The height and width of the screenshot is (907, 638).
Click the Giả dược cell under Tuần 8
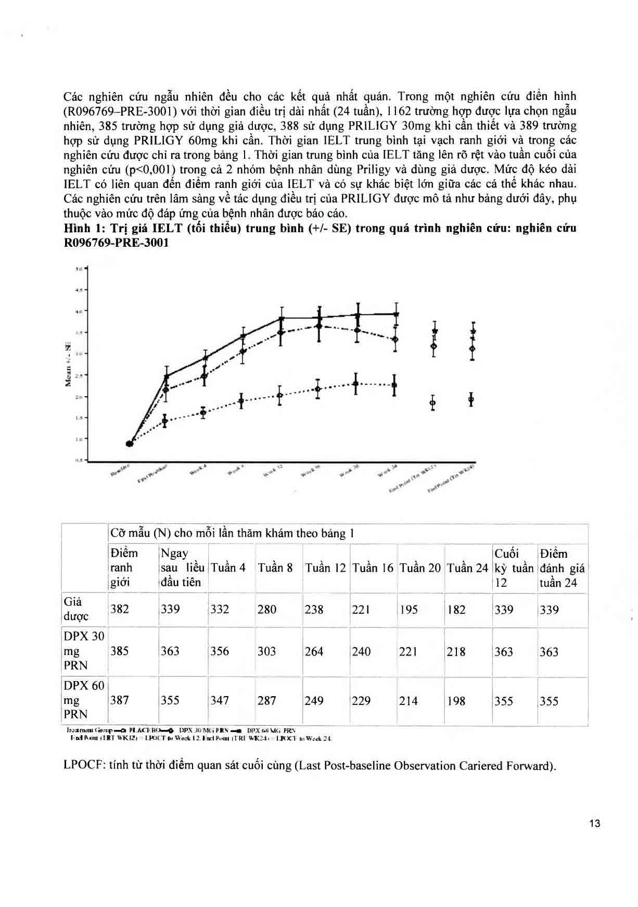tap(267, 609)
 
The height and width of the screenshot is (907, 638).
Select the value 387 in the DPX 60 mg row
tap(120, 701)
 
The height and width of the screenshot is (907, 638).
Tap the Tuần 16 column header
tap(373, 568)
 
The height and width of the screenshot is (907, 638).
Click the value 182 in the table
tap(456, 609)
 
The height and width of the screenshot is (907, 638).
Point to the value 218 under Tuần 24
tap(456, 651)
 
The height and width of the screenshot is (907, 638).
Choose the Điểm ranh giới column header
tap(124, 568)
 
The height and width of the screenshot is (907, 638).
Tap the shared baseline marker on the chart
tap(130, 444)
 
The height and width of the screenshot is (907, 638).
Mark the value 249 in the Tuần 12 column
tap(314, 701)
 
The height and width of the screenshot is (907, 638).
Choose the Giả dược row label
tap(76, 609)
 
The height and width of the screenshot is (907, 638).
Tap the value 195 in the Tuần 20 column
tap(409, 609)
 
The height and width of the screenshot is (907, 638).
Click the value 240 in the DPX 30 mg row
tap(361, 651)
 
